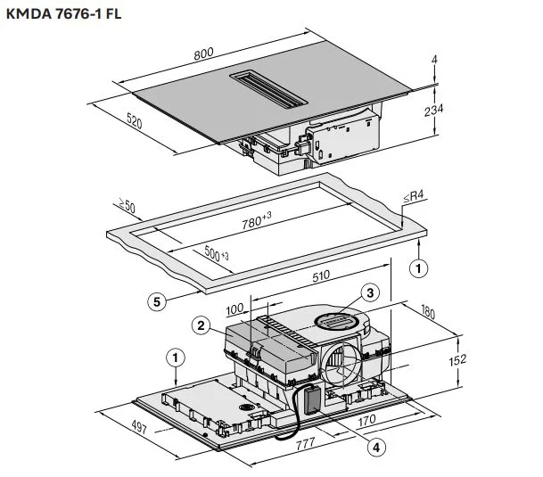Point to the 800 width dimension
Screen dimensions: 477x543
tap(203, 53)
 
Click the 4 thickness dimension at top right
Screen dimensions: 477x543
tap(435, 61)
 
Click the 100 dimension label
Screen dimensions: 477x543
tap(234, 308)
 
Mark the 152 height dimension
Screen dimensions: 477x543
tap(456, 360)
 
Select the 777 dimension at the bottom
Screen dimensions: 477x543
tap(304, 443)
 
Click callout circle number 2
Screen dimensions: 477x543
tap(202, 326)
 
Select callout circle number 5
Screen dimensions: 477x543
tap(156, 302)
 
